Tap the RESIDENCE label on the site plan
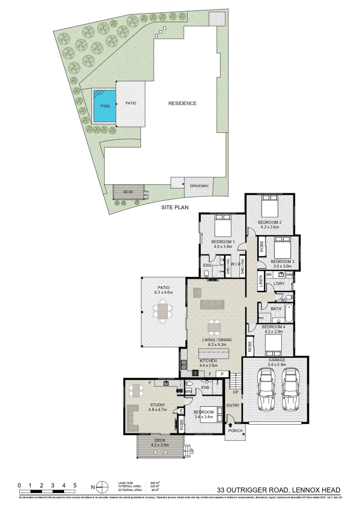[182, 103]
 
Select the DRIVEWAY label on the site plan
[199, 186]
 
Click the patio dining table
[163, 312]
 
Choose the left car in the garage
[266, 389]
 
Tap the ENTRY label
[233, 405]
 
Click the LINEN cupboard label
[260, 281]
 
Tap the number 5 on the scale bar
[75, 484]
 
